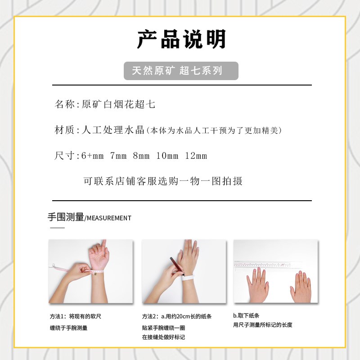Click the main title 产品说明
(181, 40)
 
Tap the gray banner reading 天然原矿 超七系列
(181, 71)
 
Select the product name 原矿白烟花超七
(118, 104)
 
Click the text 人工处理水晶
(112, 130)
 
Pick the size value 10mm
(167, 156)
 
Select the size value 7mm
(118, 156)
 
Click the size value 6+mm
(92, 156)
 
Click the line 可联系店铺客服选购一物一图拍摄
(163, 181)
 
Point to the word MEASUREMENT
(108, 218)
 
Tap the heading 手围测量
(66, 217)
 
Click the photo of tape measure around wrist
(90, 271)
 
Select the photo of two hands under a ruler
(275, 271)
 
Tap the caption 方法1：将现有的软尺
(75, 316)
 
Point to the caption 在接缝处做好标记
(163, 337)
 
